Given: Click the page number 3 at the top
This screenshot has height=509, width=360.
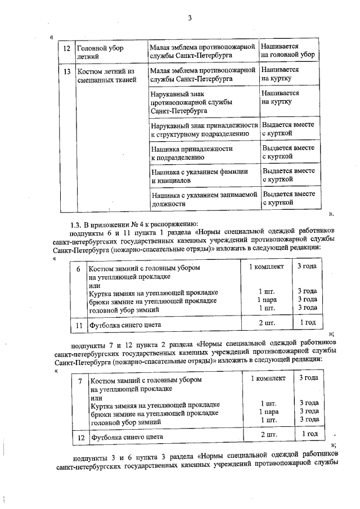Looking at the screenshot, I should (190, 18).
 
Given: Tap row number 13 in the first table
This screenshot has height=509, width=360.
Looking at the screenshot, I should (67, 72).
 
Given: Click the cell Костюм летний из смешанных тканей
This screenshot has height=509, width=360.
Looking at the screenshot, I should (106, 76).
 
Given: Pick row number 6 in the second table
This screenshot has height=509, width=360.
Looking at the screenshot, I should (78, 269).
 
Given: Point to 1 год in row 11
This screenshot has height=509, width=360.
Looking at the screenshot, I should (307, 323).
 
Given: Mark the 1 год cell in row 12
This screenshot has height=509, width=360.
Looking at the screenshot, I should (309, 434).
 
